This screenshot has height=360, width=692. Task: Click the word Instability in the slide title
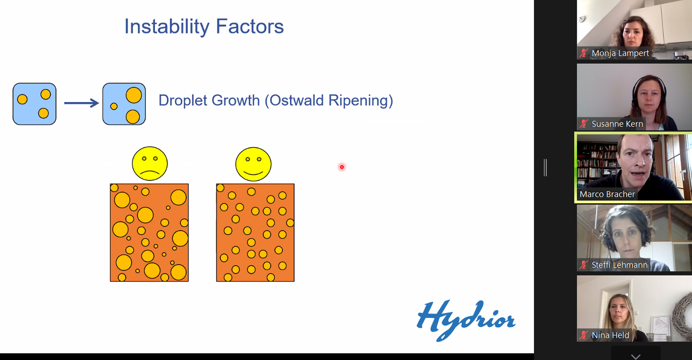coord(167,27)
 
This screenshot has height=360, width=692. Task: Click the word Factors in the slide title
coord(250,26)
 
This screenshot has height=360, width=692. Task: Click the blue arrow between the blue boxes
coord(82,103)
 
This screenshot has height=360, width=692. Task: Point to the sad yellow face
coord(150,163)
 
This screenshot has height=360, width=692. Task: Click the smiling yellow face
coord(253,164)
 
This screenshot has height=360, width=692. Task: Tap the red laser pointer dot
coord(342,167)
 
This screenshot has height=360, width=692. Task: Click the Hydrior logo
coord(466,320)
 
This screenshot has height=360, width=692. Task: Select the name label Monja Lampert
coord(620,53)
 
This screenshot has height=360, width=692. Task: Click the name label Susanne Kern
coord(617,124)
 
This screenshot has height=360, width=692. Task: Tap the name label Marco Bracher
coord(608,194)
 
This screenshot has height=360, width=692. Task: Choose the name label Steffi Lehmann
coord(620,265)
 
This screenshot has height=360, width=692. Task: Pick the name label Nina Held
coord(610,335)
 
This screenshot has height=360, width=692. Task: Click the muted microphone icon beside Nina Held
coord(584,335)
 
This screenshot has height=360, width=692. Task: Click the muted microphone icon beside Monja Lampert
coord(584,53)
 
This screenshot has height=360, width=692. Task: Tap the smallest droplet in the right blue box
coord(113,106)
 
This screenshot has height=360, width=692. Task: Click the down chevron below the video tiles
coord(635,356)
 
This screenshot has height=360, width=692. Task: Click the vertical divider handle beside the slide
coord(545,168)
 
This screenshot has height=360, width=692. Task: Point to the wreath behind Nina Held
coord(684,312)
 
